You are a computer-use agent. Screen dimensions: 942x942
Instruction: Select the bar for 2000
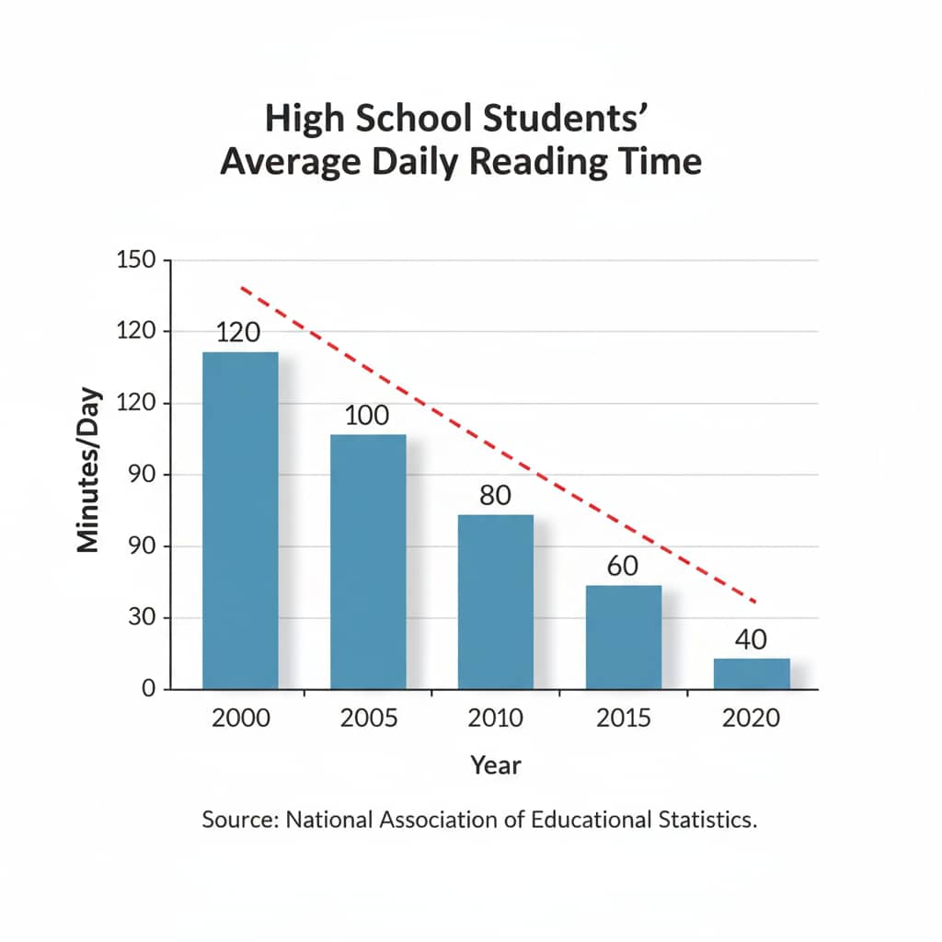(240, 520)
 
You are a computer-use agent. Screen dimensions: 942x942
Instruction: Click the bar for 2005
(368, 561)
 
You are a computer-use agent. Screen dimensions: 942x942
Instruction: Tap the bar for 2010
(496, 602)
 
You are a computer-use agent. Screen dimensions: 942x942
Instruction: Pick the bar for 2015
(624, 637)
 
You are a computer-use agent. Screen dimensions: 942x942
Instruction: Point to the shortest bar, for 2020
(752, 673)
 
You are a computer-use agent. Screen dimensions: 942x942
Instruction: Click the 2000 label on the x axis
(241, 718)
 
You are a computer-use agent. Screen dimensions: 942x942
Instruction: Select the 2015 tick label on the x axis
(625, 718)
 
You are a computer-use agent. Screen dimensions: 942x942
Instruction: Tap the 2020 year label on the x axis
(752, 718)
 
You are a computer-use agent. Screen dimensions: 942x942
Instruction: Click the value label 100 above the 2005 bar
(368, 415)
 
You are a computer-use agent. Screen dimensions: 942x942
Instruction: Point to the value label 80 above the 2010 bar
(495, 496)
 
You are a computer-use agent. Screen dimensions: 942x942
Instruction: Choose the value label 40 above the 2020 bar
(752, 639)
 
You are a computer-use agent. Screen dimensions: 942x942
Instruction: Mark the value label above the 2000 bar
(239, 333)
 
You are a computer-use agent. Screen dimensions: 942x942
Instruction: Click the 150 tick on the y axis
(138, 261)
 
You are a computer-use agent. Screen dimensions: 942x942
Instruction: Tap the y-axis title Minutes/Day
(88, 475)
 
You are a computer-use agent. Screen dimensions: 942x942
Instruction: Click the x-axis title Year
(496, 764)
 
